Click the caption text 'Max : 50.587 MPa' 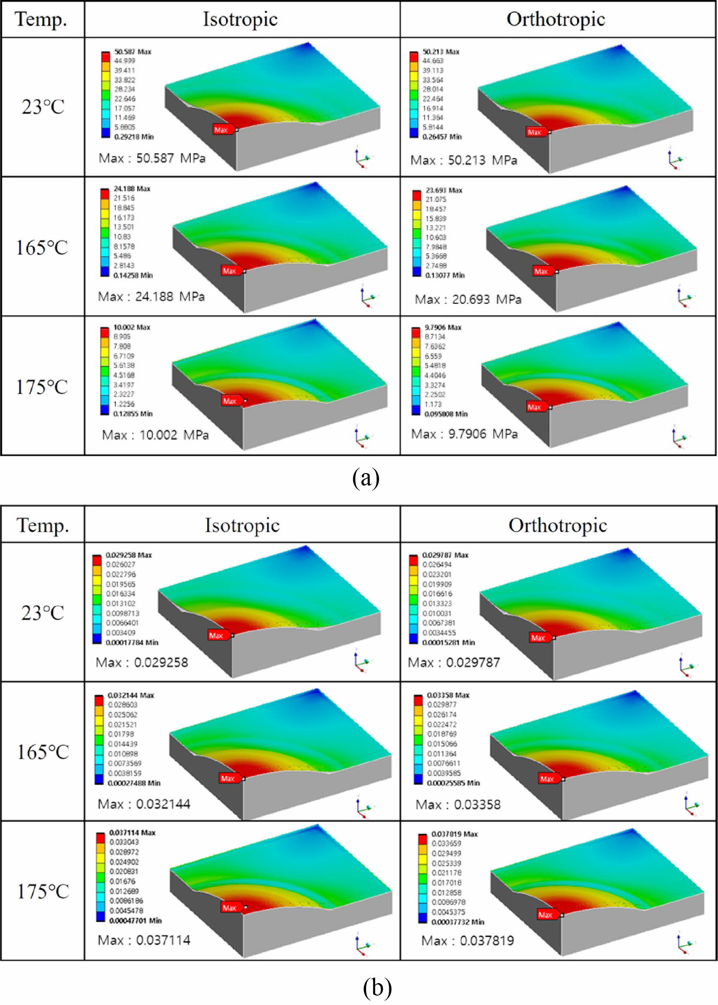pos(151,158)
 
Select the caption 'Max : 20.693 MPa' pos(468,299)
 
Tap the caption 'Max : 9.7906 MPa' pos(464,434)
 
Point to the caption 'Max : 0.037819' pos(467,940)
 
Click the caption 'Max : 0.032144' pos(144,803)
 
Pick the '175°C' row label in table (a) pos(42,387)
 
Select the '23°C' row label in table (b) pos(42,613)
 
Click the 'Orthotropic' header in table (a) pos(556,19)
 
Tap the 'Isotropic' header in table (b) pos(242,525)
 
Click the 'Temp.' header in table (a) pos(41,19)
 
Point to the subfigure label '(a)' pos(366,478)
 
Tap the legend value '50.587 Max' pos(133,51)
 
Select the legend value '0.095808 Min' pos(445,414)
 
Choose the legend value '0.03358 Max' pos(448,695)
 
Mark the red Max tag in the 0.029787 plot pos(539,637)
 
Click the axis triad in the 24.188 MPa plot pos(367,297)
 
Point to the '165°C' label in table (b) pos(43,752)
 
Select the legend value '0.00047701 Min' pos(135,920)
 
